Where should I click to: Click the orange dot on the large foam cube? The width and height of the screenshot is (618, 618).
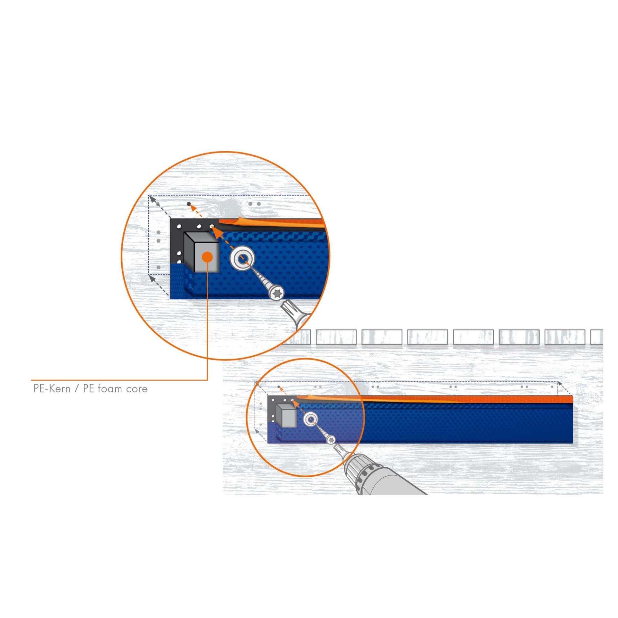pos(207,257)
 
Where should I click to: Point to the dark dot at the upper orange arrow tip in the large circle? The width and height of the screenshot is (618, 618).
pos(189,204)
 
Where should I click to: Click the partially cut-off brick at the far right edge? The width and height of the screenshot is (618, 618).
pos(597,337)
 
